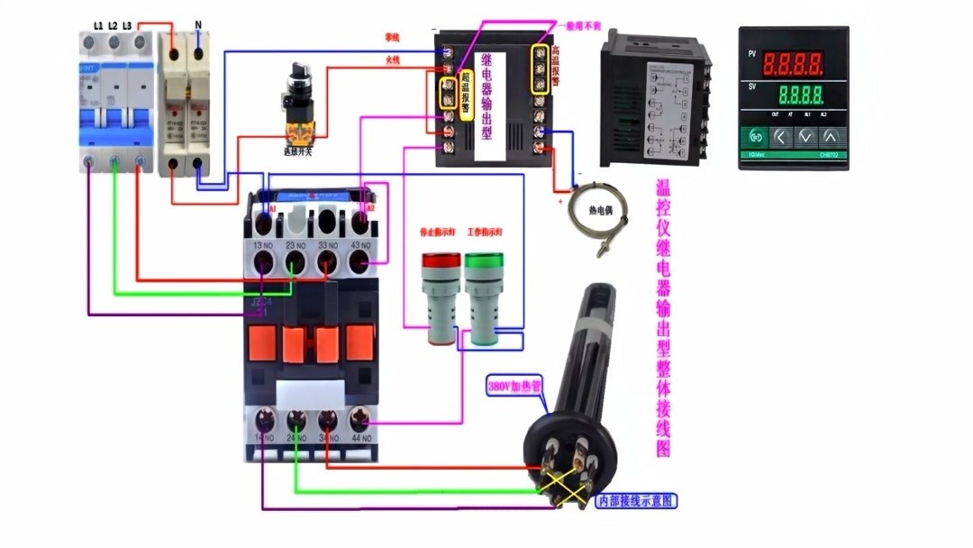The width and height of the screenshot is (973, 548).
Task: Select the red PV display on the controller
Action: [x=793, y=64]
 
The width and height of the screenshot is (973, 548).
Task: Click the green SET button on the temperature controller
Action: [x=754, y=138]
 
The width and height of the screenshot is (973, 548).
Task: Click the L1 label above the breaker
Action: [x=97, y=24]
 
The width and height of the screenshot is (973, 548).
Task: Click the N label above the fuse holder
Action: [x=197, y=24]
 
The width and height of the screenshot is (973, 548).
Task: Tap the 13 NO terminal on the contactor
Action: [x=263, y=262]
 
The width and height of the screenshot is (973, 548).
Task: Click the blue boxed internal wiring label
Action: [x=636, y=500]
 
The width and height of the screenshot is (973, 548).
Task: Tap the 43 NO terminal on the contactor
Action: [x=359, y=262]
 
